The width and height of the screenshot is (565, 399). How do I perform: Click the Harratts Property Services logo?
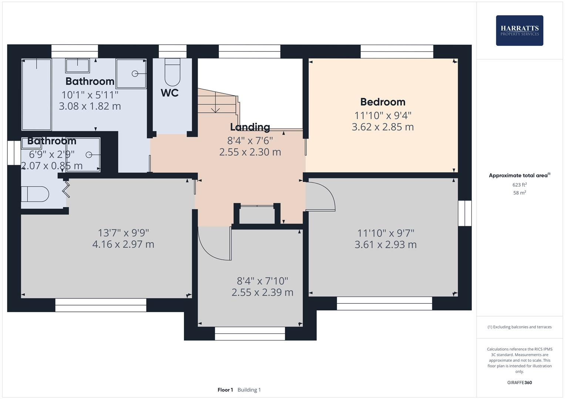pyautogui.click(x=519, y=30)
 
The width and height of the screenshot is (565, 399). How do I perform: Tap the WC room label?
pyautogui.click(x=169, y=93)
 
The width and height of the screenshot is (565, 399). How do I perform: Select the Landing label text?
pyautogui.click(x=250, y=127)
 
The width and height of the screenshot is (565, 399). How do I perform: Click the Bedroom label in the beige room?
pyautogui.click(x=383, y=102)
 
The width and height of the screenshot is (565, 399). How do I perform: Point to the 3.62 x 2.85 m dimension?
pyautogui.click(x=383, y=127)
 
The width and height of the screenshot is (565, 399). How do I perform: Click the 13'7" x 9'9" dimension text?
pyautogui.click(x=123, y=233)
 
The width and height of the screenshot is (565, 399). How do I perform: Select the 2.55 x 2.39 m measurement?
pyautogui.click(x=262, y=292)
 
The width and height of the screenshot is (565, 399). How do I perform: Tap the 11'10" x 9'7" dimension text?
pyautogui.click(x=386, y=233)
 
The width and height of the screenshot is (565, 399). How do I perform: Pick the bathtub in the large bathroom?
pyautogui.click(x=37, y=94)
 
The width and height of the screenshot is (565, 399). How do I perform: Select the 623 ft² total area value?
pyautogui.click(x=519, y=185)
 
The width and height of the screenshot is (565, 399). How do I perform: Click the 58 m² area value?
pyautogui.click(x=519, y=192)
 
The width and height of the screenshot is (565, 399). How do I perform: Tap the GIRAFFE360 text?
pyautogui.click(x=519, y=382)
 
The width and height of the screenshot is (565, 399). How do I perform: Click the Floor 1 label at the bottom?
pyautogui.click(x=225, y=390)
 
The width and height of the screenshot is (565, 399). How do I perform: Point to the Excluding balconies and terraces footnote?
pyautogui.click(x=519, y=327)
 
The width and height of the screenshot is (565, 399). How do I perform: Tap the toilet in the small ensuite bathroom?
pyautogui.click(x=35, y=194)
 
